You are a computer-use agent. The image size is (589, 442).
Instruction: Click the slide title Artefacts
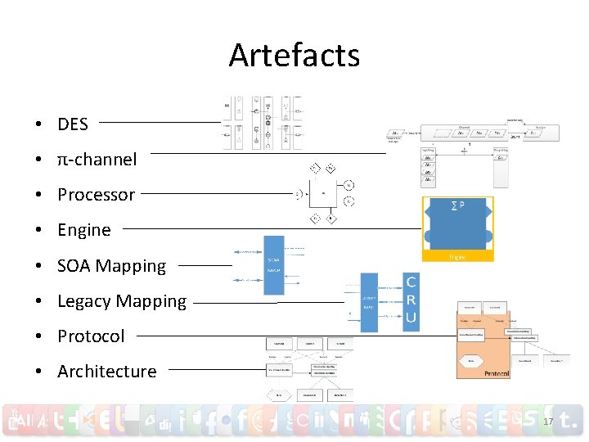(x=294, y=56)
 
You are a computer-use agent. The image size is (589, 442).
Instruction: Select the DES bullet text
(x=73, y=124)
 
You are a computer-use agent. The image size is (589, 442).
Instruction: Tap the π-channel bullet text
(x=97, y=160)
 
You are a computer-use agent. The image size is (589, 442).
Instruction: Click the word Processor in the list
(x=96, y=195)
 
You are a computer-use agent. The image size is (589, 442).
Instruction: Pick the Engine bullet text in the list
(x=83, y=230)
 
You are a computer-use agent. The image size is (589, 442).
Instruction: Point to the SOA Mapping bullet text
(x=111, y=266)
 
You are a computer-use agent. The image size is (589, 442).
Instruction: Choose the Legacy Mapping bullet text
(x=122, y=301)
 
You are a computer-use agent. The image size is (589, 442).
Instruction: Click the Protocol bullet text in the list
(x=91, y=336)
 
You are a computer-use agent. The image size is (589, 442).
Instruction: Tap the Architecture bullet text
(x=106, y=372)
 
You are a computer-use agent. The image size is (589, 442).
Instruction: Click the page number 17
(x=548, y=422)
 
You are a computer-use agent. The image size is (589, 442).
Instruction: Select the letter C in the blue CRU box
(x=411, y=283)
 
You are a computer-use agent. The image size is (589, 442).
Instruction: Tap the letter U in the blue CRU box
(x=411, y=318)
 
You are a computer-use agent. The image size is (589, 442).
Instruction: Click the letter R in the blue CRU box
(x=411, y=300)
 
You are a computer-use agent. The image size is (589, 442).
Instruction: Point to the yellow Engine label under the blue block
(x=457, y=256)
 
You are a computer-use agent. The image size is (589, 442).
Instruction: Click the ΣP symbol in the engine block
(x=457, y=205)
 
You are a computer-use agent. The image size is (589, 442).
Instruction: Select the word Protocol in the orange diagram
(x=497, y=373)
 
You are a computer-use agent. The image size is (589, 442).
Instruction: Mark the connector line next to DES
(x=160, y=123)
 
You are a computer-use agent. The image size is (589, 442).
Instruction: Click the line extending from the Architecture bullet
(x=214, y=369)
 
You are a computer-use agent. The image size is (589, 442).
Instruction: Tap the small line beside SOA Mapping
(x=205, y=265)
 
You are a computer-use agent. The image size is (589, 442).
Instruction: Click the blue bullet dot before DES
(x=39, y=125)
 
